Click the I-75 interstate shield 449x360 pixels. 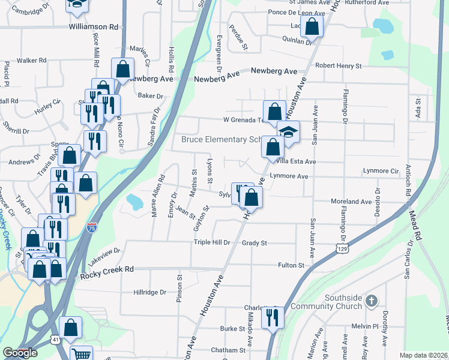[108, 227]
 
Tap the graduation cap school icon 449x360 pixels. [289, 132]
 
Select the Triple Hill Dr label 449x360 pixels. [212, 242]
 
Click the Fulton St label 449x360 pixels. [292, 265]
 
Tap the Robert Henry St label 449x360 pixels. [339, 65]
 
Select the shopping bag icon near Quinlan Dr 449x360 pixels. [312, 26]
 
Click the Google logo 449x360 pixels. [20, 353]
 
